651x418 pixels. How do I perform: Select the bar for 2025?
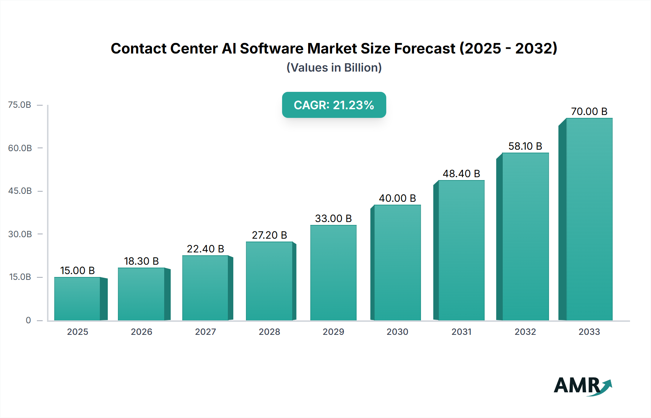pos(77,299)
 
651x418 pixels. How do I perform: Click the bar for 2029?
pos(333,273)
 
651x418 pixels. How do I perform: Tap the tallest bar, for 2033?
pos(589,219)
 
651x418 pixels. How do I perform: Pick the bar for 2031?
pos(461,250)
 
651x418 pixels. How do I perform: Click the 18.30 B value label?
pos(141,261)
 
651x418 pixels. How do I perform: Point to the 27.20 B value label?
pos(269,235)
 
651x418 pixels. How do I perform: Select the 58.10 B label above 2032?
pos(525,146)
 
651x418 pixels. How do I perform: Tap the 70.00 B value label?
pos(589,111)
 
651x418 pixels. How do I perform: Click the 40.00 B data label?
pos(397,198)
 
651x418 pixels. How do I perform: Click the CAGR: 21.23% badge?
pos(334,105)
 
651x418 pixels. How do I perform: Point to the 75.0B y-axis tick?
pos(20,105)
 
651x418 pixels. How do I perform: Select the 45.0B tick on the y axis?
pos(20,191)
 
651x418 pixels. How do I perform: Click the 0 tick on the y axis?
pos(28,320)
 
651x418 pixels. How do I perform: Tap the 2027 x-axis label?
pos(205,332)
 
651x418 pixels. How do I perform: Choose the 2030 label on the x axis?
pos(397,332)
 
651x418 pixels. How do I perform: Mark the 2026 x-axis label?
pos(141,332)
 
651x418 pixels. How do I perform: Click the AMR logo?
pos(582,386)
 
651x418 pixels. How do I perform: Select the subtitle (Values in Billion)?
pos(334,68)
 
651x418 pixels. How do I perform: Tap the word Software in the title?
pos(271,48)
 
